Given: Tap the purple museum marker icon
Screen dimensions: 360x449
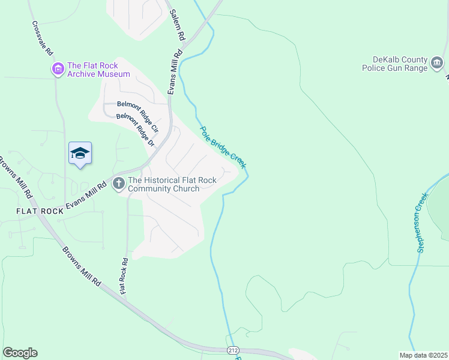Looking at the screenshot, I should pos(58,70).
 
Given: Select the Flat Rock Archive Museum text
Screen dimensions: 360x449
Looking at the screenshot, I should pos(98,70).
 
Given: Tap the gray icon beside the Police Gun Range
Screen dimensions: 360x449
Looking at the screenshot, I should pos(437,63).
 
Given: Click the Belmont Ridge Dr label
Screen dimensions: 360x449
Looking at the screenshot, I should pos(135,130).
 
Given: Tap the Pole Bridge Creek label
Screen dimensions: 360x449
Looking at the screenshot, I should pos(223,146).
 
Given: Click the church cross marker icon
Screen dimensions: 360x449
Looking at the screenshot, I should pos(118,183).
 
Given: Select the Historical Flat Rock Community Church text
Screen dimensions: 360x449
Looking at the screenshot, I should pos(164,184).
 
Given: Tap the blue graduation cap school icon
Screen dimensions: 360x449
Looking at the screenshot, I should pos(80,154).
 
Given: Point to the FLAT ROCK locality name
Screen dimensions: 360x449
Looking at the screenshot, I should pos(40,211).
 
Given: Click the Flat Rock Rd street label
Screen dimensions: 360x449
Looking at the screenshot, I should pos(124,276).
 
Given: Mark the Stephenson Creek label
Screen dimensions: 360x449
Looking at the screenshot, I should pos(423,221).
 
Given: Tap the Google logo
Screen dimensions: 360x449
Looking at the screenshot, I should pos(20,353).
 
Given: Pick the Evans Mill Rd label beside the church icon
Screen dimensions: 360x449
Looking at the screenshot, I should pos(86,196).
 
